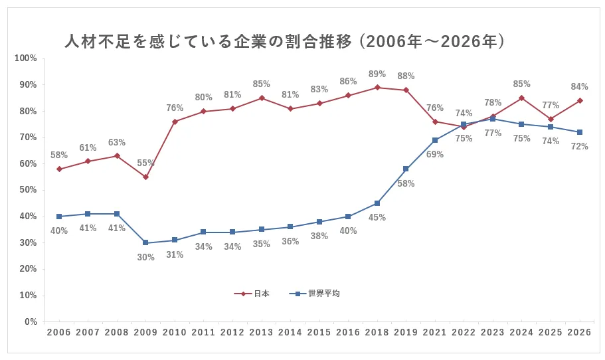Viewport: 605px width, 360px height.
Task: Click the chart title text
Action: coord(285,43)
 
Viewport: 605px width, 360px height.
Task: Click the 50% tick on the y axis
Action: coord(27,190)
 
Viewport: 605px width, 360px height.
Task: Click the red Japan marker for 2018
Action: coord(377,87)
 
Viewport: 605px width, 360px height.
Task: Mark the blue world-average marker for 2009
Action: coord(145,242)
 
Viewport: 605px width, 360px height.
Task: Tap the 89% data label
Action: coord(377,74)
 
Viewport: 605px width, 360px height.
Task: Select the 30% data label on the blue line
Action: coord(145,257)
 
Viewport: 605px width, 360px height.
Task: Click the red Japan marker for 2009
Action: coord(145,177)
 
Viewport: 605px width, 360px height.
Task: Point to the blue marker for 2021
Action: coord(435,140)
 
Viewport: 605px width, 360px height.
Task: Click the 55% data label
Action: coord(145,163)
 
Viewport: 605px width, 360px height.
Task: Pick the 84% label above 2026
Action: coord(579,87)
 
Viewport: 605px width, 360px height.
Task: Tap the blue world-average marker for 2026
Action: coord(580,132)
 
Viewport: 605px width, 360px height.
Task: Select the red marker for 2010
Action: coord(175,122)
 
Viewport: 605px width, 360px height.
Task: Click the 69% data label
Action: coord(435,154)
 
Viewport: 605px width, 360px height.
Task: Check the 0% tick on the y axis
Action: coord(30,322)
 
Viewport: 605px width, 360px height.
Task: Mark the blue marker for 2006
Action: coord(59,217)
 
